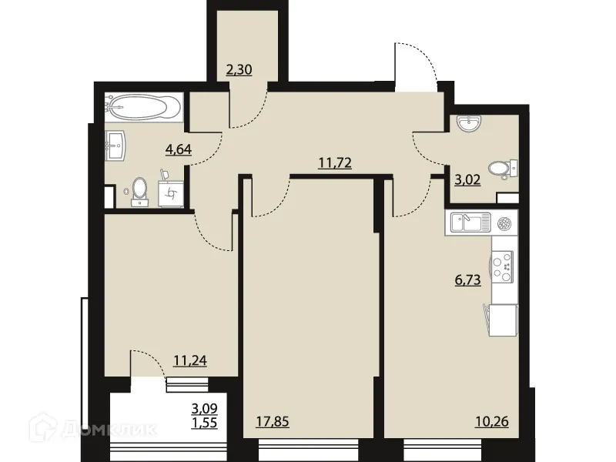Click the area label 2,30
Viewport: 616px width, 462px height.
pyautogui.click(x=239, y=71)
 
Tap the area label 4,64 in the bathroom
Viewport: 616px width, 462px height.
pyautogui.click(x=179, y=149)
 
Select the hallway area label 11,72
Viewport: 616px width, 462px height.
pyautogui.click(x=335, y=163)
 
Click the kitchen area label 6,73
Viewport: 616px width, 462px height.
pyautogui.click(x=467, y=280)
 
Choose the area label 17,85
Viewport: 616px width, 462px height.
pyautogui.click(x=273, y=420)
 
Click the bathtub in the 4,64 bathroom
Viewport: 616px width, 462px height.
pyautogui.click(x=145, y=106)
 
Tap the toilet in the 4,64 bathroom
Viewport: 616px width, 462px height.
pyautogui.click(x=139, y=190)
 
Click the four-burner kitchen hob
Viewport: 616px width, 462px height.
pyautogui.click(x=503, y=266)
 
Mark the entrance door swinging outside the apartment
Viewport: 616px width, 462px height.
pyautogui.click(x=414, y=65)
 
